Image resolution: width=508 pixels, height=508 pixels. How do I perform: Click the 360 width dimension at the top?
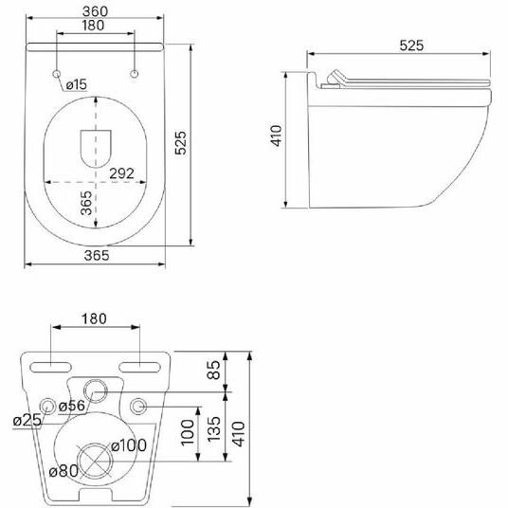(x=95, y=11)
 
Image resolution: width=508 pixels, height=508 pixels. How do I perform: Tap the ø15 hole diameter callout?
(x=77, y=84)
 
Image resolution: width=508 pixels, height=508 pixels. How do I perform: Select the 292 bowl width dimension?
(x=121, y=173)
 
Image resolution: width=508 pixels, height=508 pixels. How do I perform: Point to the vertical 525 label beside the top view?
(x=180, y=142)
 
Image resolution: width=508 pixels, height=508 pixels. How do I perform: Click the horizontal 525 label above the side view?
(x=411, y=45)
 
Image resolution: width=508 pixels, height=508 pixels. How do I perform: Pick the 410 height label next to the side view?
(x=277, y=136)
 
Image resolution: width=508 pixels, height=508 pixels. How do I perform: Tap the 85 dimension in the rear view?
(x=213, y=370)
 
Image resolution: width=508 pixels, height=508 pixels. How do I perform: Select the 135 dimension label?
(x=213, y=429)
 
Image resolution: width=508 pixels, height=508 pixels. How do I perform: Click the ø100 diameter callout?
(x=129, y=445)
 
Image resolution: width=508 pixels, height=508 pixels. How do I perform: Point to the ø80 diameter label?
(x=63, y=471)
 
